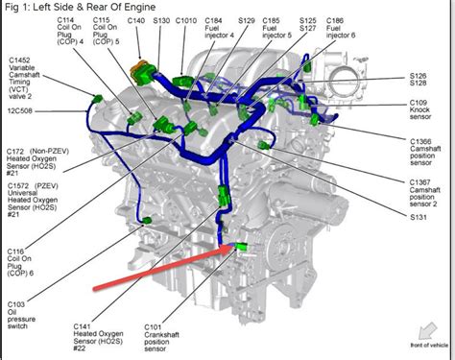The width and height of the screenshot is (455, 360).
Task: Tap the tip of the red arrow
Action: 230,247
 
